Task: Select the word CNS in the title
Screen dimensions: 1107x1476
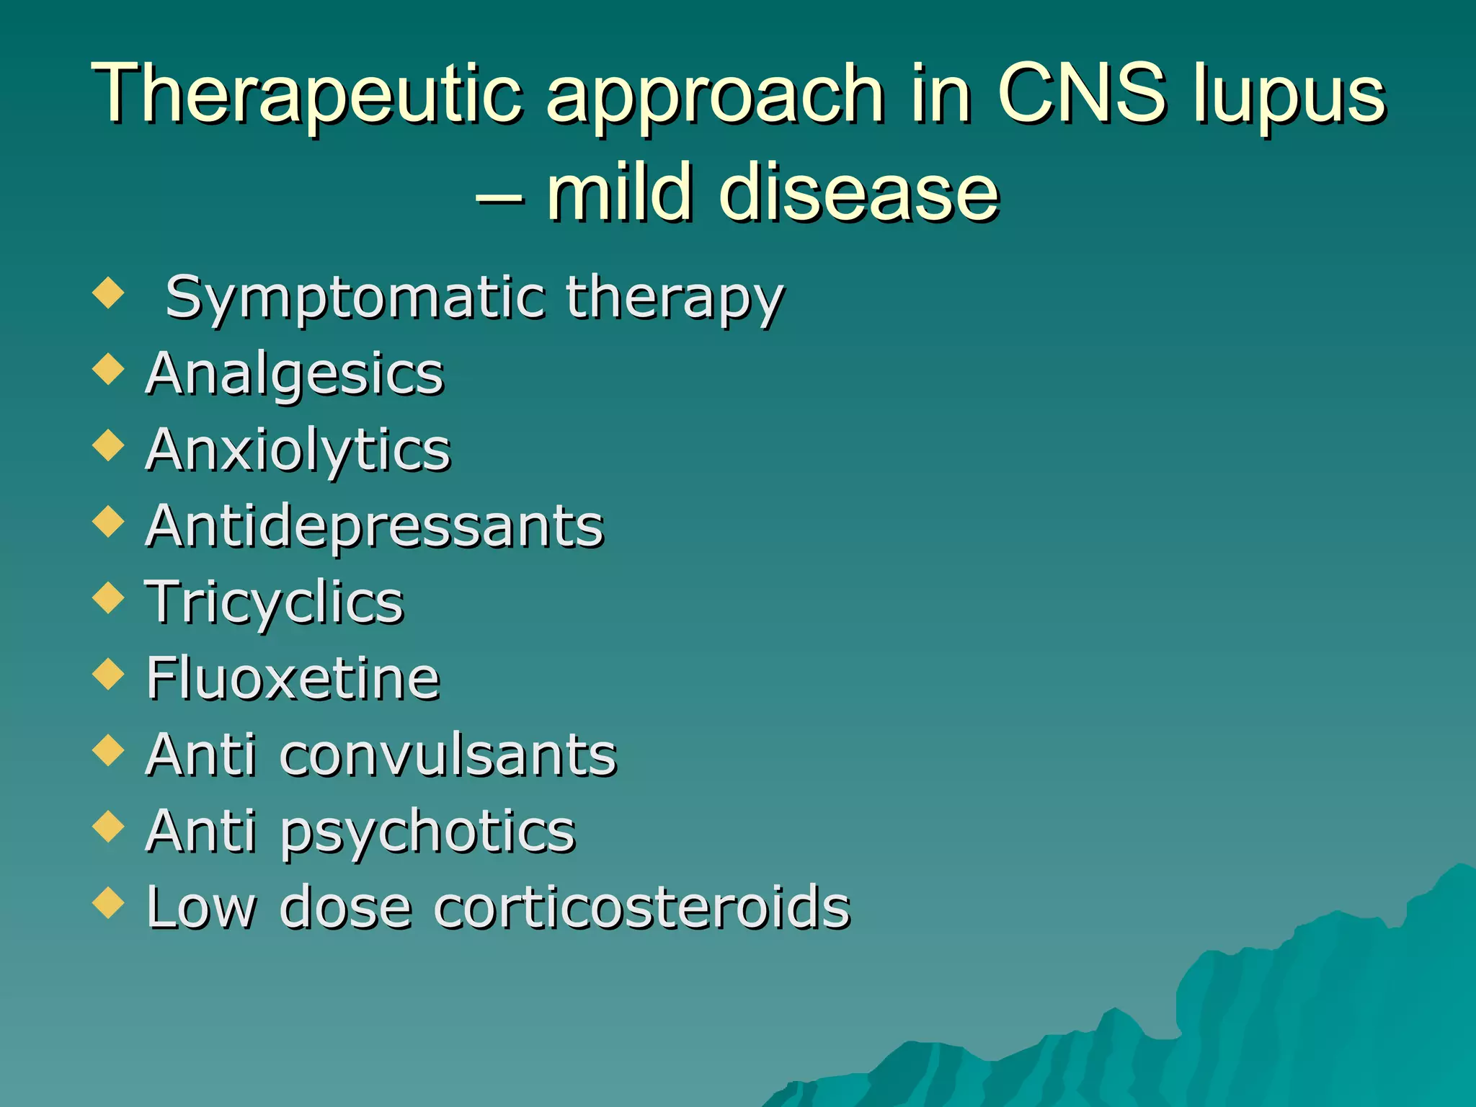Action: (x=1081, y=94)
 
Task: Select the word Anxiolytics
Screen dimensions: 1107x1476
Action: (x=298, y=451)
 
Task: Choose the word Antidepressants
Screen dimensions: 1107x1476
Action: (x=374, y=526)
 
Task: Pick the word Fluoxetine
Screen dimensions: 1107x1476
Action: (x=293, y=679)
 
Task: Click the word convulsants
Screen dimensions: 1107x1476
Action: (x=448, y=755)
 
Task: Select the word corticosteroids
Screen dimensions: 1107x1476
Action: (x=641, y=907)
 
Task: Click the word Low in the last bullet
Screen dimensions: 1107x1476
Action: (x=200, y=907)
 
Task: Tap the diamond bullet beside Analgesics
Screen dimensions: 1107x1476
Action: (x=109, y=369)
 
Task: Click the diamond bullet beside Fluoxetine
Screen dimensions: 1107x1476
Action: (x=109, y=673)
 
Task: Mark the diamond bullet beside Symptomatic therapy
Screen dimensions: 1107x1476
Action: (x=109, y=293)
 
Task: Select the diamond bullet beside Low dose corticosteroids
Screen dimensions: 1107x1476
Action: (x=109, y=902)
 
